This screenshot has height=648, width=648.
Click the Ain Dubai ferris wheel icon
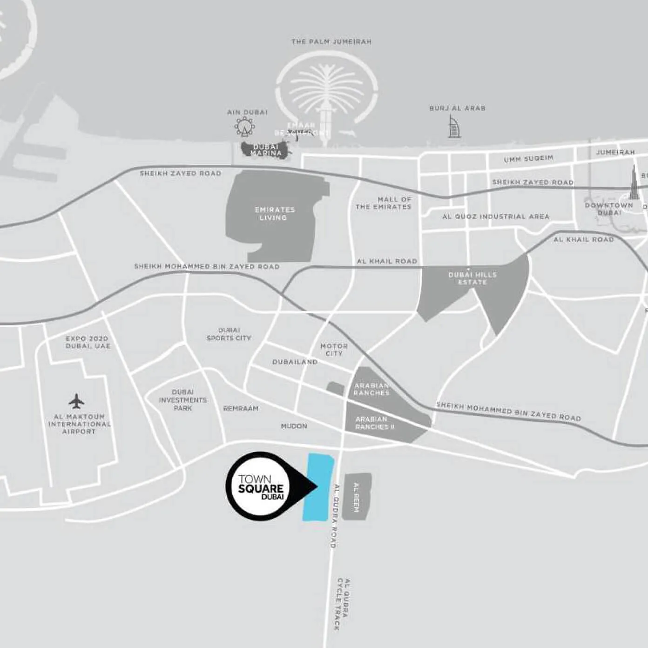tap(244, 126)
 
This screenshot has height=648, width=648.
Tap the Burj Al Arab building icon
tap(454, 127)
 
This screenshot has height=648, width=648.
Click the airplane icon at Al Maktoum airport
tap(76, 401)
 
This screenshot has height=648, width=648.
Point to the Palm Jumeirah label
tap(331, 42)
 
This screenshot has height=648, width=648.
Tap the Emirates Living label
tap(275, 214)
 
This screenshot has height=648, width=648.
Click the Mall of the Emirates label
tap(384, 203)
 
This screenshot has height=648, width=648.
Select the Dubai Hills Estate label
tap(472, 278)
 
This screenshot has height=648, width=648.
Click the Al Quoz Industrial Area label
tap(496, 216)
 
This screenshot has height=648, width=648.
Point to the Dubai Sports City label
tap(229, 334)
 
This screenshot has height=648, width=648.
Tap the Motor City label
tap(334, 350)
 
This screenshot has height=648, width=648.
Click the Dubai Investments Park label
tap(182, 400)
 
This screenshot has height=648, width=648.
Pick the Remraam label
tap(241, 409)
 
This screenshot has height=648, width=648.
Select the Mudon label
tap(294, 426)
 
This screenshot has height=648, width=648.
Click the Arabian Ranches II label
tap(374, 423)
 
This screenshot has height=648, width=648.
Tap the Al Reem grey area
tap(357, 497)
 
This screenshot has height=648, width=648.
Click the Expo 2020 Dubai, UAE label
tap(88, 342)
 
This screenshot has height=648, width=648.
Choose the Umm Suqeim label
tap(528, 159)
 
